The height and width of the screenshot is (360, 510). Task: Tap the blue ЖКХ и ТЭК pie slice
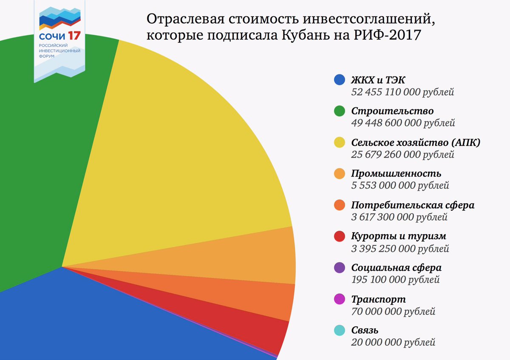pos(106,319)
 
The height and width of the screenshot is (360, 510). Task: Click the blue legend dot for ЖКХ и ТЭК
pos(339,79)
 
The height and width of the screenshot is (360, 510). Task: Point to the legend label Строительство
pos(392,111)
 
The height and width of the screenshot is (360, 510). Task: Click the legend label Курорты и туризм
pos(399,236)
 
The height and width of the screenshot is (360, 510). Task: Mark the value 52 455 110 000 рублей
pos(403,92)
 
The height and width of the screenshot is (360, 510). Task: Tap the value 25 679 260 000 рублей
pos(403,154)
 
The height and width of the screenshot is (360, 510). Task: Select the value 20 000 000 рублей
pos(393,342)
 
